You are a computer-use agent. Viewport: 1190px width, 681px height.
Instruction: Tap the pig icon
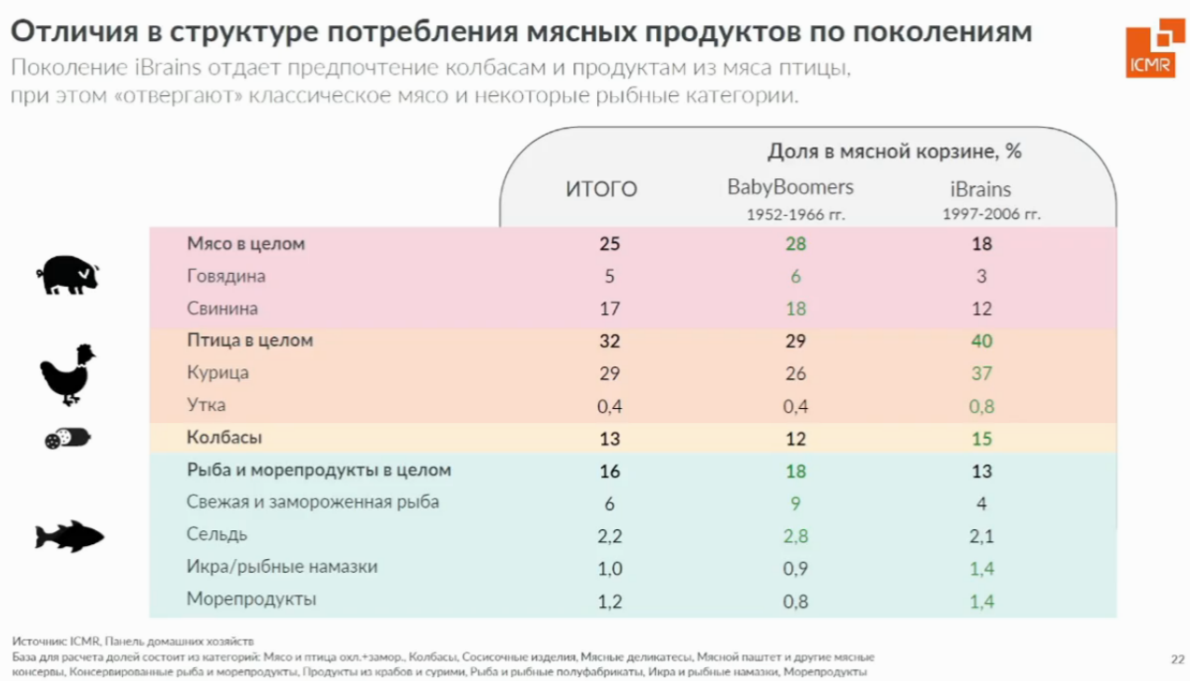click(x=66, y=276)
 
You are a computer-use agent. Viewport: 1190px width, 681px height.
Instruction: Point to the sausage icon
click(x=67, y=439)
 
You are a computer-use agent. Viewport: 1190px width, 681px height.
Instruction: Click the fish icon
click(x=69, y=537)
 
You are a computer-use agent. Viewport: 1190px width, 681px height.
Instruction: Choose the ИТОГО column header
click(x=602, y=190)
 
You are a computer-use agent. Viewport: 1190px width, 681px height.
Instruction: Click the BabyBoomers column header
click(x=790, y=187)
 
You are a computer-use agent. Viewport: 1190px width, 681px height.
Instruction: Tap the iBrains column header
click(x=980, y=189)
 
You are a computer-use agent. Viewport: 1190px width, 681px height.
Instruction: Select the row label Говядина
click(x=226, y=277)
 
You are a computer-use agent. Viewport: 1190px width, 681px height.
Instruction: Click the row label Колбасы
click(x=225, y=438)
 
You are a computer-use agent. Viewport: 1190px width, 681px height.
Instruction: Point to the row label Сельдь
click(x=217, y=535)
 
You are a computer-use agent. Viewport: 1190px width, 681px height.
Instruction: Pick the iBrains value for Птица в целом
click(x=981, y=341)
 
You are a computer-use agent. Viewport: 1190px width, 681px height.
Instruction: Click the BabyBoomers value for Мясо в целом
click(x=795, y=244)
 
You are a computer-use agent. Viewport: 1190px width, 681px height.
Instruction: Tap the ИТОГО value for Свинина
click(x=609, y=308)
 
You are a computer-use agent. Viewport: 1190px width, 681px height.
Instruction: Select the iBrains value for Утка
click(x=981, y=406)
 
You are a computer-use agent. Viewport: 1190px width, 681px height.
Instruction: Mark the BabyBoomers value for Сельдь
click(x=795, y=536)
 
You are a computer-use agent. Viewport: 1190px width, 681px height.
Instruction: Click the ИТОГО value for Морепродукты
click(x=609, y=601)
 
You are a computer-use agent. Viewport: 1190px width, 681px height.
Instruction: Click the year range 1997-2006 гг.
click(x=992, y=214)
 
